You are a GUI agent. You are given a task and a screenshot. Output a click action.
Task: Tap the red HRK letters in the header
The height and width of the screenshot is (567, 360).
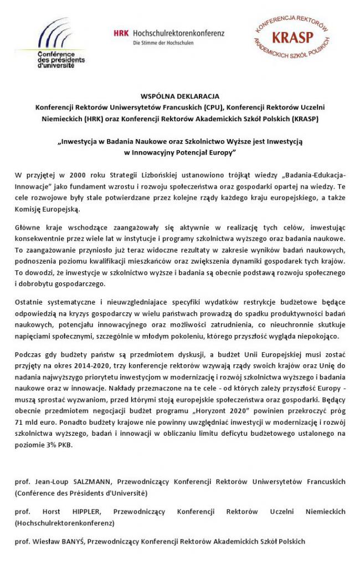coord(121,33)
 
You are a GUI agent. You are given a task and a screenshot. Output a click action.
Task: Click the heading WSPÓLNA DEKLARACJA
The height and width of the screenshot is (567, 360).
coord(180,96)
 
